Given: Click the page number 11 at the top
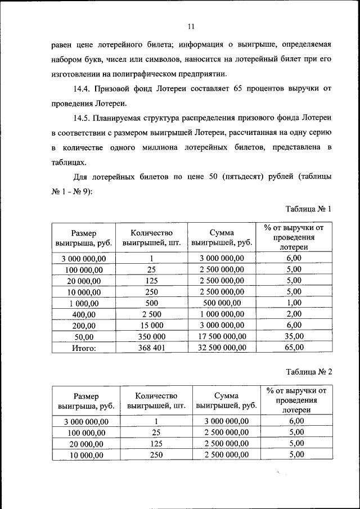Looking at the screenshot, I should [x=191, y=26].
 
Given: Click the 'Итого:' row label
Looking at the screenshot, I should [x=83, y=348].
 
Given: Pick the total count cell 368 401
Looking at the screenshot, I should [x=151, y=348].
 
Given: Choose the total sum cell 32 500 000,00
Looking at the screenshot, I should [x=222, y=348].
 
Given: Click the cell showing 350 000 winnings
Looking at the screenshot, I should [x=151, y=336].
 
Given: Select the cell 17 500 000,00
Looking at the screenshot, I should [x=222, y=336].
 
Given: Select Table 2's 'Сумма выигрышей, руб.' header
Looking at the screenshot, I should [x=226, y=400].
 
